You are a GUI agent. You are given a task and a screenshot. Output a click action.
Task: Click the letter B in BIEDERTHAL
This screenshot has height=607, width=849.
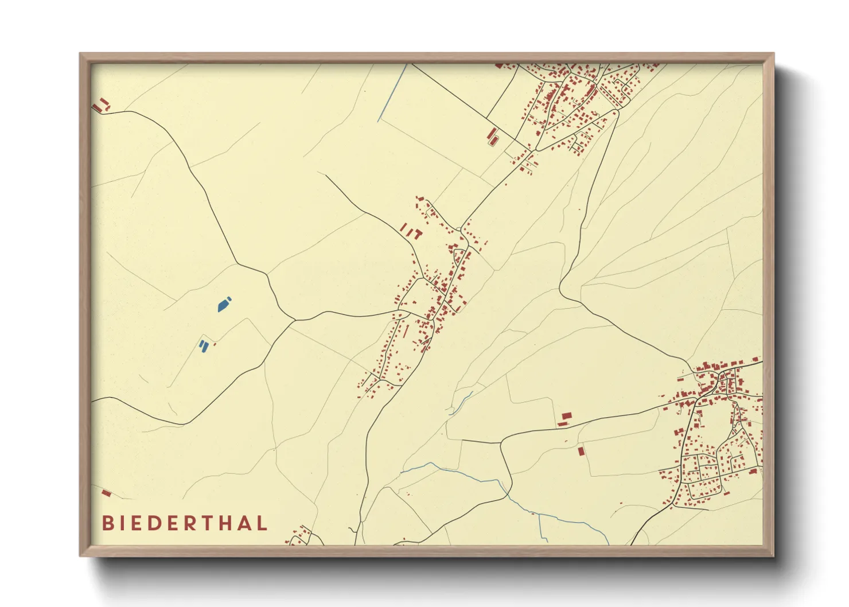(107, 523)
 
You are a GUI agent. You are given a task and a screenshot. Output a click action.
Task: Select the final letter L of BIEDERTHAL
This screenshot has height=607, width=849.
(262, 523)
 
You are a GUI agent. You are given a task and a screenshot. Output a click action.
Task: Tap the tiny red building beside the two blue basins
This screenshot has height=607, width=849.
(215, 344)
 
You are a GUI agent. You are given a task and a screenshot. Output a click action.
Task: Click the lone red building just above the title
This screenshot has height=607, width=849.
(106, 493)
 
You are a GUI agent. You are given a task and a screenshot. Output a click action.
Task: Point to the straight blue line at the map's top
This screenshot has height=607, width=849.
(392, 92)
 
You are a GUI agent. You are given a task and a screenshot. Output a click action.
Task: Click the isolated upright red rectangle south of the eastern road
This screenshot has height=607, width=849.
(581, 451)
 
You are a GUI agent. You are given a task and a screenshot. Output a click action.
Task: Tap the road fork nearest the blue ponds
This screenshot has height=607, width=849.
(294, 320)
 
